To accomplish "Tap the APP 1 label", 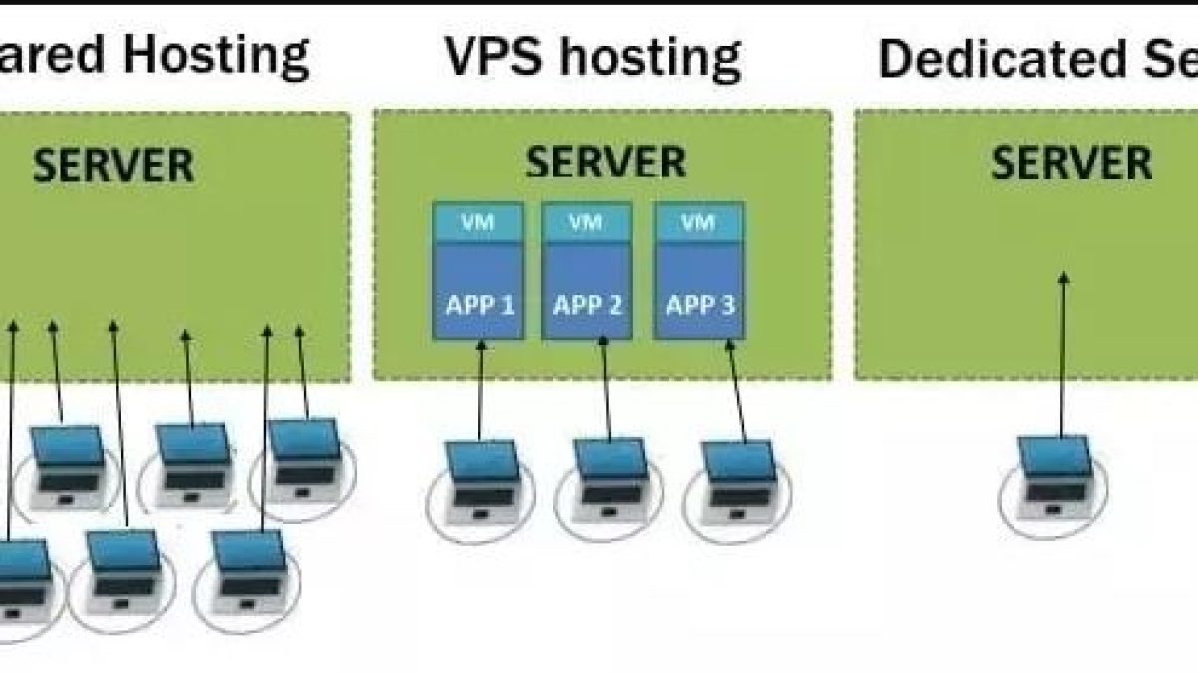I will (x=479, y=304).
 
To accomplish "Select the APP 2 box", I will (x=587, y=290).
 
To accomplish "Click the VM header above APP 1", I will (x=479, y=220).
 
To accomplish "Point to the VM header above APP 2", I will (x=587, y=220).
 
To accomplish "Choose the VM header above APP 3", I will (x=698, y=220).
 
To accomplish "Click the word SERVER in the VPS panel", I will (x=606, y=161).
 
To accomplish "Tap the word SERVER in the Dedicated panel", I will (x=1071, y=162).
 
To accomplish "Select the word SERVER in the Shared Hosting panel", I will (x=113, y=165).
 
